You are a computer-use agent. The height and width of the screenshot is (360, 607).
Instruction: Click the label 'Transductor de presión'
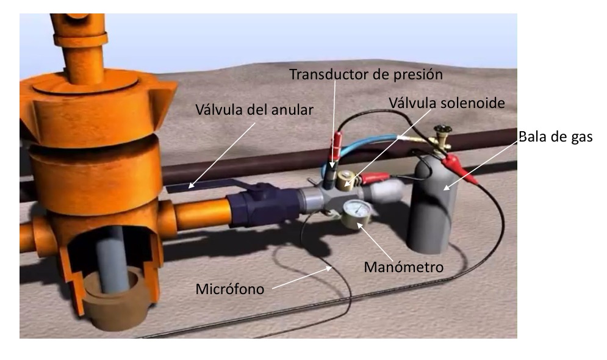click(366, 74)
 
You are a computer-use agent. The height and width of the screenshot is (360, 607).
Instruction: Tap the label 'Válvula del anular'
click(254, 110)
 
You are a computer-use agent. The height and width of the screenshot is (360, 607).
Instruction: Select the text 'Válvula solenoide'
click(447, 103)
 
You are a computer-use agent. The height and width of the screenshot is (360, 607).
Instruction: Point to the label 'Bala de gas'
click(556, 137)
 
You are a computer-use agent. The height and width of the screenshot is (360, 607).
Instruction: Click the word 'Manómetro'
click(403, 267)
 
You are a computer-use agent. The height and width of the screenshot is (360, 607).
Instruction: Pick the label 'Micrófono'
click(230, 289)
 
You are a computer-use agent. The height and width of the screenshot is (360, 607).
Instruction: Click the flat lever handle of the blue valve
click(209, 185)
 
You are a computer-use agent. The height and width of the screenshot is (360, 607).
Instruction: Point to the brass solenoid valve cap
click(345, 180)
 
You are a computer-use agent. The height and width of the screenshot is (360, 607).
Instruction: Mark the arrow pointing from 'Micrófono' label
click(302, 278)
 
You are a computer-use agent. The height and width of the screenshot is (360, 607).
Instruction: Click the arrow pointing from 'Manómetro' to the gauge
click(375, 242)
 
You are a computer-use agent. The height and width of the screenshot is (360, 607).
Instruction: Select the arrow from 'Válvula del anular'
click(222, 156)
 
